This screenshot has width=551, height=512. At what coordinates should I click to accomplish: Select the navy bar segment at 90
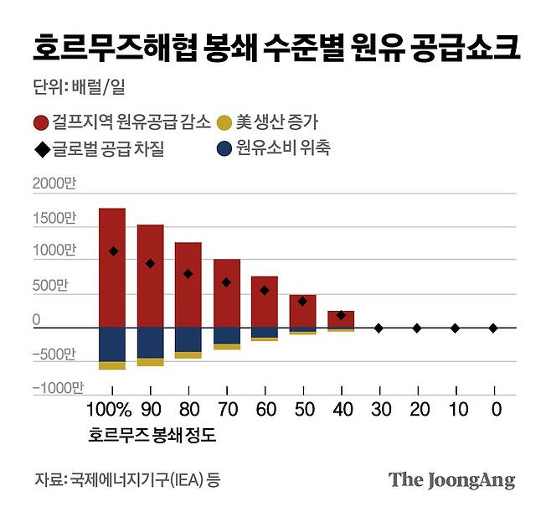point(150,342)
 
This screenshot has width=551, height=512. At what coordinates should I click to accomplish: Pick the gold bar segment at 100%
point(112,365)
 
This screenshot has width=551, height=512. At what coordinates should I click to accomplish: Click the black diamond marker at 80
point(188,274)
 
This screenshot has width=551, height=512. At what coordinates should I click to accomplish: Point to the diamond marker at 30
point(378,328)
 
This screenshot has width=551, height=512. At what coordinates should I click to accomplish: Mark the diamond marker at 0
point(493,328)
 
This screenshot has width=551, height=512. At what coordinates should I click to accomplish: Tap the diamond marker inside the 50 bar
point(302,301)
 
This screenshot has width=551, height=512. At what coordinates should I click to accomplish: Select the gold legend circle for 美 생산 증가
point(225,123)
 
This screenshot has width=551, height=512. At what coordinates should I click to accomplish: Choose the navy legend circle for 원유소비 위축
point(224,149)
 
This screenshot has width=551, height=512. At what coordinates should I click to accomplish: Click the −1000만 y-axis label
point(58,388)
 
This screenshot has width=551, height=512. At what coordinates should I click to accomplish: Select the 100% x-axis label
point(110,411)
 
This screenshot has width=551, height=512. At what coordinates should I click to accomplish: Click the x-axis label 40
point(340,411)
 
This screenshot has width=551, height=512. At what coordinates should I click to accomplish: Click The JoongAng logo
point(451,480)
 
